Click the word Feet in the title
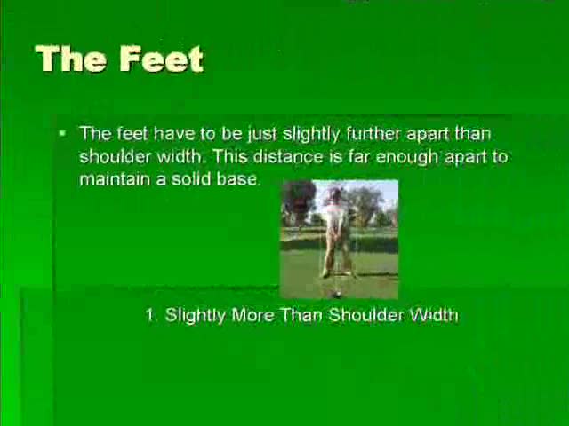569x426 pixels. point(162,59)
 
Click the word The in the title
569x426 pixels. point(71,59)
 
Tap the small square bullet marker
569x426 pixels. point(63,133)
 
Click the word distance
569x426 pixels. point(287,156)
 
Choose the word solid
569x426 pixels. point(191,179)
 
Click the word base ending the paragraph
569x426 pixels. point(238,179)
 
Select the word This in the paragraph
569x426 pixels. point(229,156)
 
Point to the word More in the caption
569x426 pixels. point(252,315)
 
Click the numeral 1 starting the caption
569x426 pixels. point(150,315)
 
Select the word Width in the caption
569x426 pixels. point(433,315)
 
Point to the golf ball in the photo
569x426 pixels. point(337,295)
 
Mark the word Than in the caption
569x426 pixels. point(301,315)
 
